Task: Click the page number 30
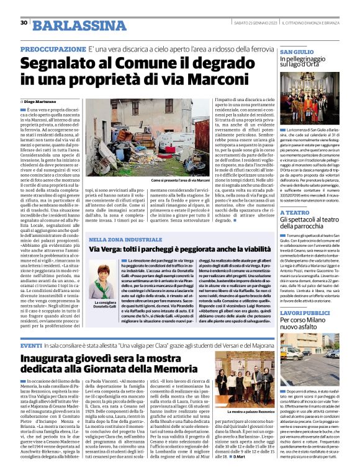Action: [x=23, y=23]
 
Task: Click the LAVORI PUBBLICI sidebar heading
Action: [x=305, y=313]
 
